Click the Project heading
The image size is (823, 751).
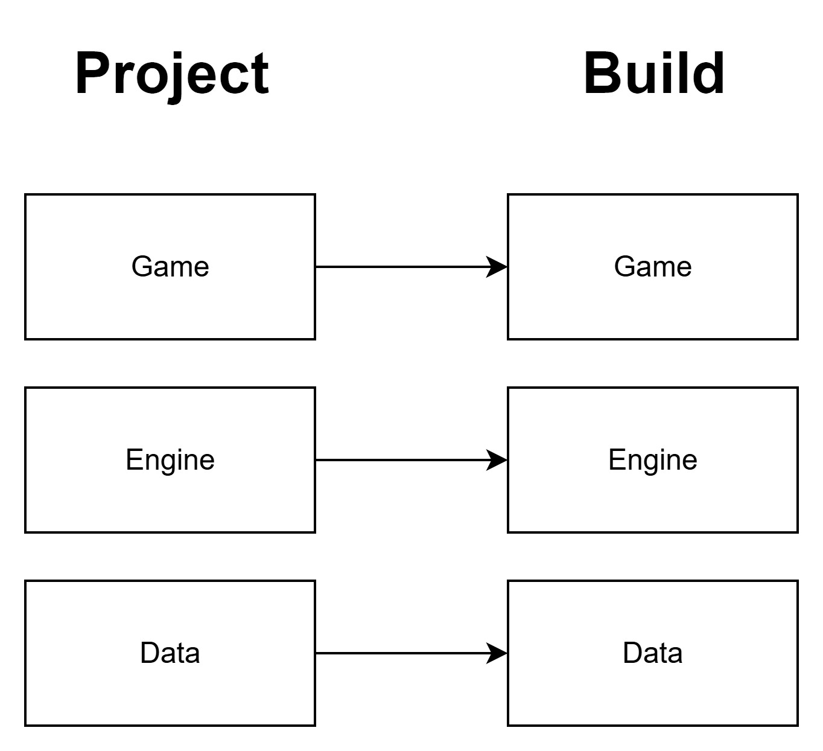coord(172,74)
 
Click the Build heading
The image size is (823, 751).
coord(654,73)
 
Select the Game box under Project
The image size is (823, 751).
coord(170,302)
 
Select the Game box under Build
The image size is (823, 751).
coord(652,302)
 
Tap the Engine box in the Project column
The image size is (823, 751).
coord(170,495)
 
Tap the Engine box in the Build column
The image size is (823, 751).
coord(652,495)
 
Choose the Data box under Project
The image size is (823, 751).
coord(170,688)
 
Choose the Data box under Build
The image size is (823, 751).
coord(652,688)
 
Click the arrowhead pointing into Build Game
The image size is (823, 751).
coord(498,267)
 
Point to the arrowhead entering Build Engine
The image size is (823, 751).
coord(498,460)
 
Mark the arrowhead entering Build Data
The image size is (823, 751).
coord(498,653)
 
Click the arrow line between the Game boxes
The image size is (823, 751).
coord(398,267)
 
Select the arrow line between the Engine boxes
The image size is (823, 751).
coord(398,460)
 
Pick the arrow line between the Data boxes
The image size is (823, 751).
coord(398,653)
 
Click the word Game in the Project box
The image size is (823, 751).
coord(170,267)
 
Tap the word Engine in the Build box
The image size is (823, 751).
coord(653,460)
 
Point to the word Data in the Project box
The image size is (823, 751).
coord(170,653)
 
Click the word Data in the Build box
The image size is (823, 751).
coord(653,653)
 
